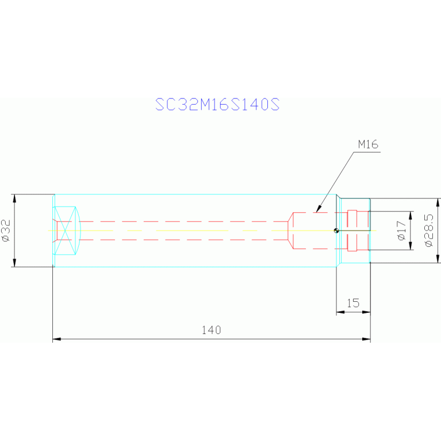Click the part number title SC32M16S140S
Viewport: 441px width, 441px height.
point(217,104)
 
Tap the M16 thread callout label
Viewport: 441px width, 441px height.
point(368,144)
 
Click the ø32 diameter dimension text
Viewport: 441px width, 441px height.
point(6,231)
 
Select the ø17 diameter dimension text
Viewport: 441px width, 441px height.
point(402,231)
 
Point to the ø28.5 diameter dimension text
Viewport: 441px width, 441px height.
point(429,231)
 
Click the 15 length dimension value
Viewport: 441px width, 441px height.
point(353,303)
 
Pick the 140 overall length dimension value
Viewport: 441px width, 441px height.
point(212,330)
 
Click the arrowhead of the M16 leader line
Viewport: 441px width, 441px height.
point(318,209)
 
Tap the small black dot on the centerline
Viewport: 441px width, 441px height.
point(336,231)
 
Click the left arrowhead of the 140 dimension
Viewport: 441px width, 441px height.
point(56,339)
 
